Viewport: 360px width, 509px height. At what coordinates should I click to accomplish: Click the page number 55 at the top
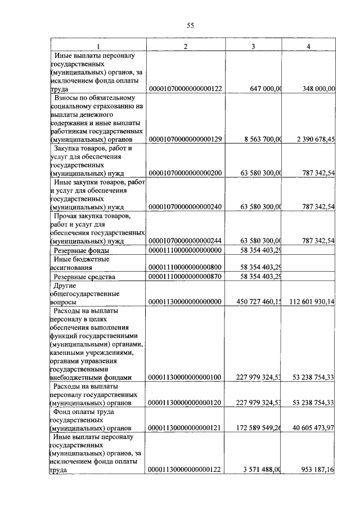click(x=190, y=25)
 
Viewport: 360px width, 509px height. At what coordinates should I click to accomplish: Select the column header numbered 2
click(x=186, y=46)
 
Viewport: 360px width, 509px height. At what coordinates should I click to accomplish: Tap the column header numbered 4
click(x=308, y=46)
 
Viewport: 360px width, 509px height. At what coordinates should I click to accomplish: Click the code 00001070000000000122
click(x=186, y=89)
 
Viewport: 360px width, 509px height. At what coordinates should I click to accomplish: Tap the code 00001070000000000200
click(x=186, y=174)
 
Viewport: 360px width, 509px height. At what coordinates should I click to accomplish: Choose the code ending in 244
click(x=186, y=241)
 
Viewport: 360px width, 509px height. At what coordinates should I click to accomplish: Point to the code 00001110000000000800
click(x=186, y=268)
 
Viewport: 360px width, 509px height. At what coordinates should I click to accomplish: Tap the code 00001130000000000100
click(x=186, y=377)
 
